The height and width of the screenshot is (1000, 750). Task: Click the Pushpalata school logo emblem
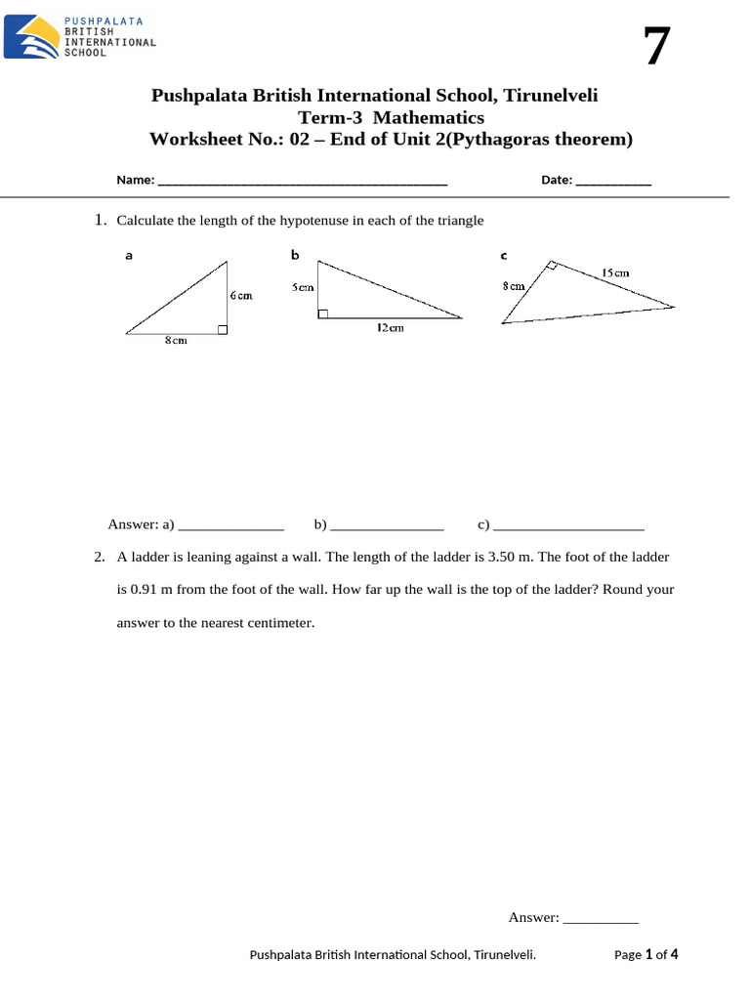click(30, 36)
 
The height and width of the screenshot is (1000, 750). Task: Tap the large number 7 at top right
click(657, 46)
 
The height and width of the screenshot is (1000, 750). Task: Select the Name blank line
click(302, 182)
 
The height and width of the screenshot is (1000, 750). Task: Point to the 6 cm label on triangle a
click(241, 295)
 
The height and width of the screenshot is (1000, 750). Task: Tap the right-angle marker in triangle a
click(223, 330)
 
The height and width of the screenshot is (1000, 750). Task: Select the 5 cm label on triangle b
click(303, 287)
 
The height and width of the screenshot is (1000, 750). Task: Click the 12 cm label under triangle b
click(390, 328)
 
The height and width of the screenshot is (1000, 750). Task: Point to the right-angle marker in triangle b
click(323, 313)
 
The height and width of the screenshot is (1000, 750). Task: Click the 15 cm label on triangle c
click(615, 273)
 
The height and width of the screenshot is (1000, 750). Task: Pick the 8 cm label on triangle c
click(515, 286)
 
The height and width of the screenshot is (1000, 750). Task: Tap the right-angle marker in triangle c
click(552, 266)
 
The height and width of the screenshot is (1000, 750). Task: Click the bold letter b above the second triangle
click(295, 255)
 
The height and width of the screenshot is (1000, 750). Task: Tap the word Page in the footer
click(628, 954)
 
